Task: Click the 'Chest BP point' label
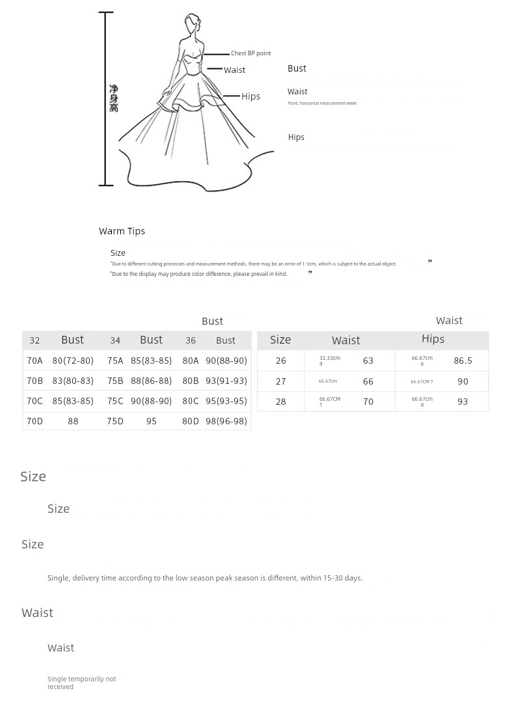coord(250,53)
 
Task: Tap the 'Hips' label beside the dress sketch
coord(250,96)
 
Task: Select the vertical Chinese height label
coord(114,98)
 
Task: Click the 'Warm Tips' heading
coord(122,231)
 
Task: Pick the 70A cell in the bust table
coord(34,361)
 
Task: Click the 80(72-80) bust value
coord(73,361)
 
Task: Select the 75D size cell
coord(115,421)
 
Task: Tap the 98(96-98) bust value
coord(226,421)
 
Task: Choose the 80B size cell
coord(191,381)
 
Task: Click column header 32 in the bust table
coord(34,340)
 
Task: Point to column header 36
coord(191,340)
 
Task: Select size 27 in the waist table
coord(280,381)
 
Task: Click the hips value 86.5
coord(463,361)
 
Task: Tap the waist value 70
coord(368,402)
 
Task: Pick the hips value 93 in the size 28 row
coord(463,402)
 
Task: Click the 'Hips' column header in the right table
coord(433,338)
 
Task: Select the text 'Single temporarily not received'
coord(81,683)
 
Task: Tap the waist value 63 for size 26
coord(368,361)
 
